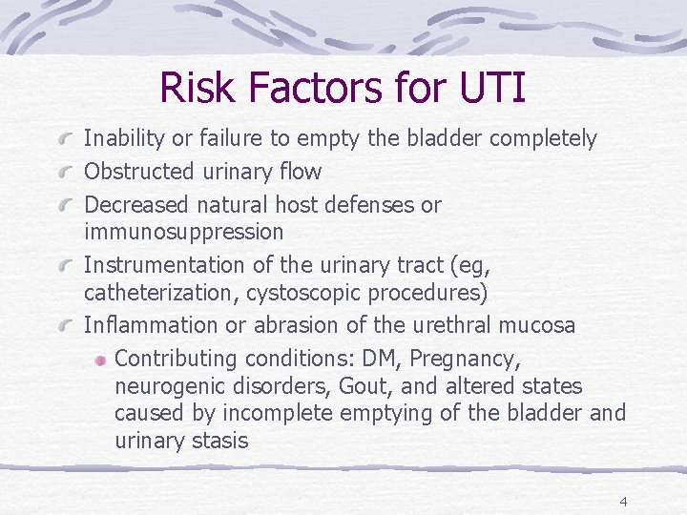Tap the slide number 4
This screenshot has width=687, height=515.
tap(623, 502)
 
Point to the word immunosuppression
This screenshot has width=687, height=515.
tap(184, 232)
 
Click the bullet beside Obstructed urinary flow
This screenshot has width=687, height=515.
tap(67, 173)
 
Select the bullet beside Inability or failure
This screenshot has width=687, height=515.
tap(67, 139)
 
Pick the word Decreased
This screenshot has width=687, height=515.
tap(137, 205)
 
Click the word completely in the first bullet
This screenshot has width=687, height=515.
tap(543, 139)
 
